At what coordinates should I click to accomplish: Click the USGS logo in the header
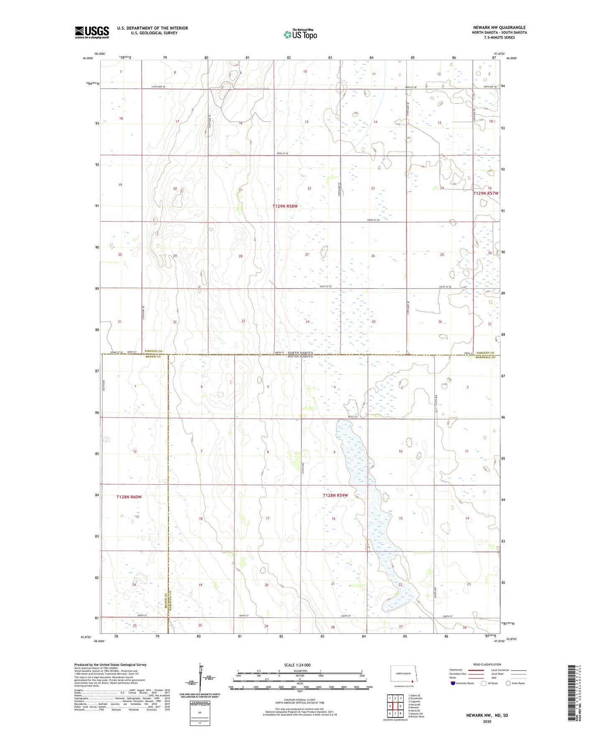(x=92, y=32)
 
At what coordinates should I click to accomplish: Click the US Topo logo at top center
(x=300, y=34)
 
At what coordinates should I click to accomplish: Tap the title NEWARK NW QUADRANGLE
(x=499, y=28)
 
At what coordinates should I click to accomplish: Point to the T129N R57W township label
(x=486, y=194)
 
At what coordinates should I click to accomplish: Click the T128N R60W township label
(x=129, y=497)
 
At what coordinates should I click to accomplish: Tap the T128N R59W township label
(x=335, y=495)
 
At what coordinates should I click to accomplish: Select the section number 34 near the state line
(x=308, y=322)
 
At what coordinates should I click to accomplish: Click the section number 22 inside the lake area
(x=400, y=585)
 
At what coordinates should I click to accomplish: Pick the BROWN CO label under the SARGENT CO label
(x=153, y=357)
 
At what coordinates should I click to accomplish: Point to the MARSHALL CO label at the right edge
(x=487, y=357)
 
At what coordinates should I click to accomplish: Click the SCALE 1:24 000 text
(x=297, y=665)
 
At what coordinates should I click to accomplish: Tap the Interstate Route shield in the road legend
(x=454, y=683)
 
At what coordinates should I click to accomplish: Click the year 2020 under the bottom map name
(x=487, y=721)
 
